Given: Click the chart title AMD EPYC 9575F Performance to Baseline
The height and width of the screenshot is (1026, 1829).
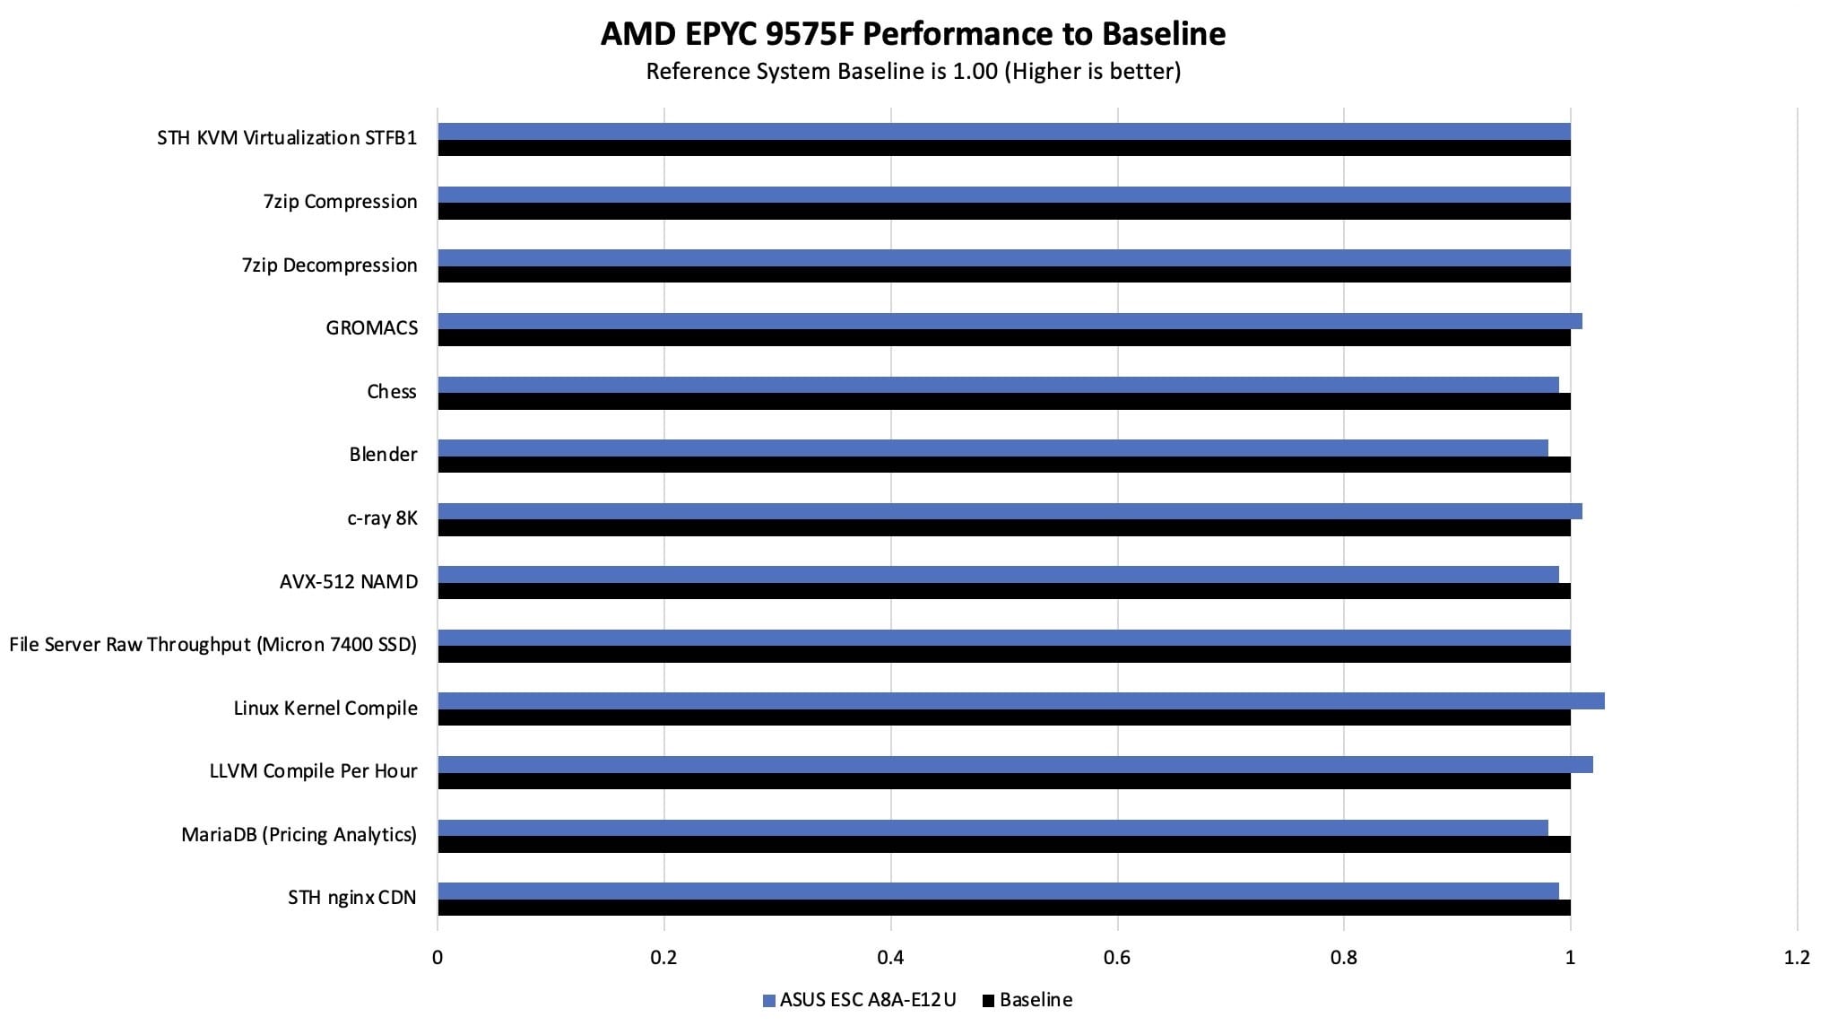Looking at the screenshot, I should click(913, 34).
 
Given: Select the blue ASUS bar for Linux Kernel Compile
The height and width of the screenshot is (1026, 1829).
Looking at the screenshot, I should click(1020, 700).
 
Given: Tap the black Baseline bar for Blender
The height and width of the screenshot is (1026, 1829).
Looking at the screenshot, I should click(1003, 465).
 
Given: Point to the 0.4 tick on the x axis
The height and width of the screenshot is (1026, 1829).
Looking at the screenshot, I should click(890, 958).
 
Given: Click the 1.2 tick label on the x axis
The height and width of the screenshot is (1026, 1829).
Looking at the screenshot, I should click(1796, 958).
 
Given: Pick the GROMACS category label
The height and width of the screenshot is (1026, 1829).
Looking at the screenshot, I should click(371, 328).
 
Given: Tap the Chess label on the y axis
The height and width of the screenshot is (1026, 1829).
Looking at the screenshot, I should click(391, 392).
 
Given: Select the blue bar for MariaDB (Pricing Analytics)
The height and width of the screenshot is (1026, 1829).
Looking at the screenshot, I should click(993, 828).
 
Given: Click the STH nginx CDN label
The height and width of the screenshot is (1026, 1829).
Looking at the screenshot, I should click(351, 898).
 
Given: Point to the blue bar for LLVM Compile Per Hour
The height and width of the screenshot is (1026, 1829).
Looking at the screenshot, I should click(1015, 764).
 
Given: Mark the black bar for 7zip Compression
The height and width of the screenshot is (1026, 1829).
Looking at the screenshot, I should click(1003, 212).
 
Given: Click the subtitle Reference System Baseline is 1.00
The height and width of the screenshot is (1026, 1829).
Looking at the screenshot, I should click(913, 71).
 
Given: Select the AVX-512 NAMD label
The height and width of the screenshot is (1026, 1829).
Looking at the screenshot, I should click(348, 582).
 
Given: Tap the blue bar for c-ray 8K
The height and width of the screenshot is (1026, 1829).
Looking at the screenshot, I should click(1010, 511).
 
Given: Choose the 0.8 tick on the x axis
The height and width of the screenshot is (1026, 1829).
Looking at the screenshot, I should click(1343, 958).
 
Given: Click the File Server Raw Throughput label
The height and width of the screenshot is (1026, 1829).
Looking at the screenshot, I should click(212, 645).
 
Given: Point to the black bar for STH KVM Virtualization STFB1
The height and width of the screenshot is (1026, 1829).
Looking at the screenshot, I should click(1003, 148).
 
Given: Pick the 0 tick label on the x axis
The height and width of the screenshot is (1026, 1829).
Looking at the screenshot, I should click(438, 958).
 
